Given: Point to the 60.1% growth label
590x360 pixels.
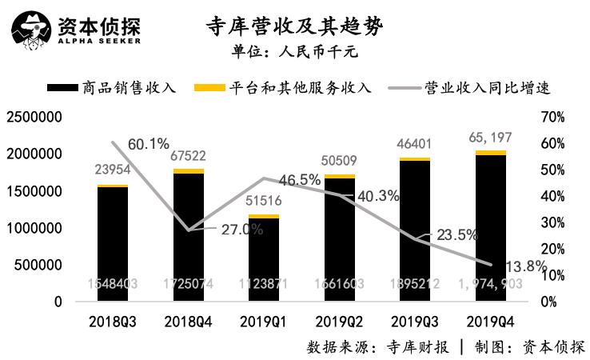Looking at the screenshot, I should click(x=148, y=145).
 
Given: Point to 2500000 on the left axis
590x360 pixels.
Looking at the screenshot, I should click(x=34, y=117).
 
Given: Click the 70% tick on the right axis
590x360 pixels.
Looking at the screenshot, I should click(x=552, y=117).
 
